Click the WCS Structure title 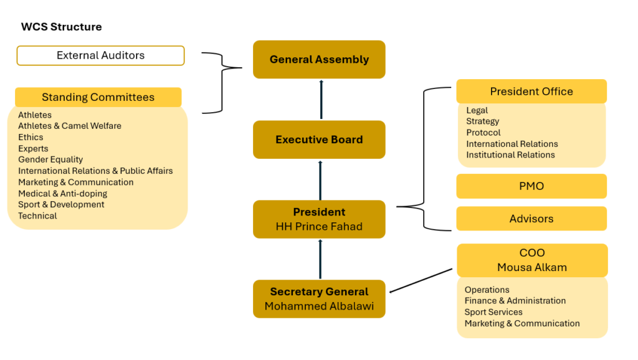62,27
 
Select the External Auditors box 100,55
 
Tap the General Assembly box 319,59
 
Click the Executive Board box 319,140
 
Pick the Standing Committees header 98,97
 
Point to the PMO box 531,186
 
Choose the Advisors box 531,219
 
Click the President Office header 531,92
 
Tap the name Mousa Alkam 532,267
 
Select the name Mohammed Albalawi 319,306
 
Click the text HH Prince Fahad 319,227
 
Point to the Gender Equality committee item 50,159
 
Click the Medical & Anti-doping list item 63,194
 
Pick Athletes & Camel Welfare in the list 70,126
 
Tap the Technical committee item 37,216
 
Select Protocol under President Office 483,133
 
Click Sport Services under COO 493,312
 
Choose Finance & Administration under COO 515,301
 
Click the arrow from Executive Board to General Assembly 321,100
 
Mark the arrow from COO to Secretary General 421,280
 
